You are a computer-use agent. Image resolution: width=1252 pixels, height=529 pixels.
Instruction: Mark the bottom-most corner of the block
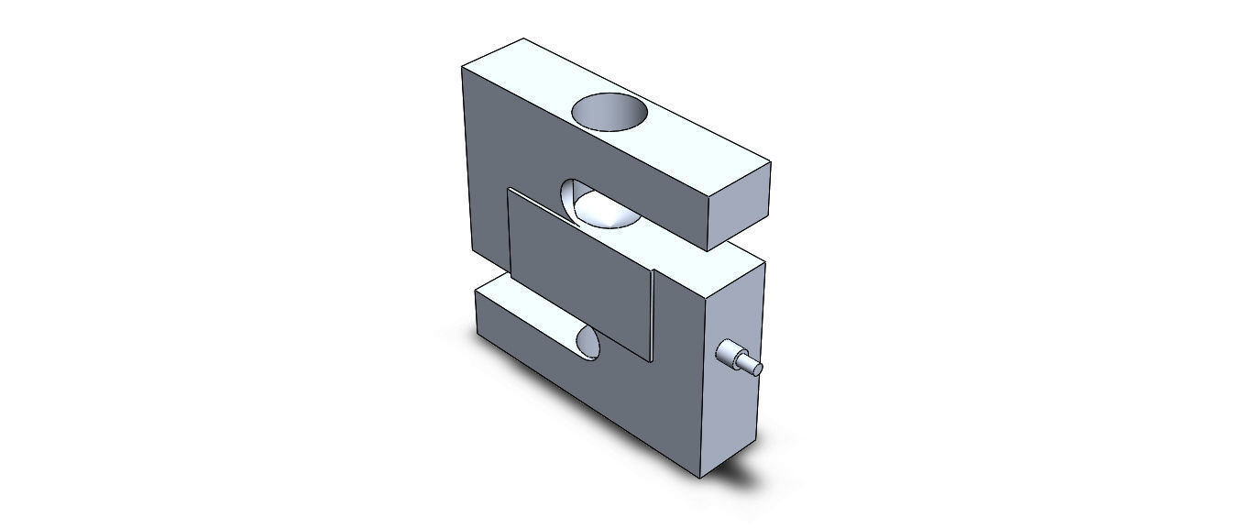(x=701, y=479)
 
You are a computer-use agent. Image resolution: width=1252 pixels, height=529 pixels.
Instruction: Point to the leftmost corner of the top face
(x=461, y=68)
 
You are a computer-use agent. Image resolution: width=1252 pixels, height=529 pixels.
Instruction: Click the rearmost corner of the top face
(x=523, y=39)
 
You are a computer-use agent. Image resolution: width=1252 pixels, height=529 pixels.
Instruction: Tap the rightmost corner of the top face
(x=772, y=164)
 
